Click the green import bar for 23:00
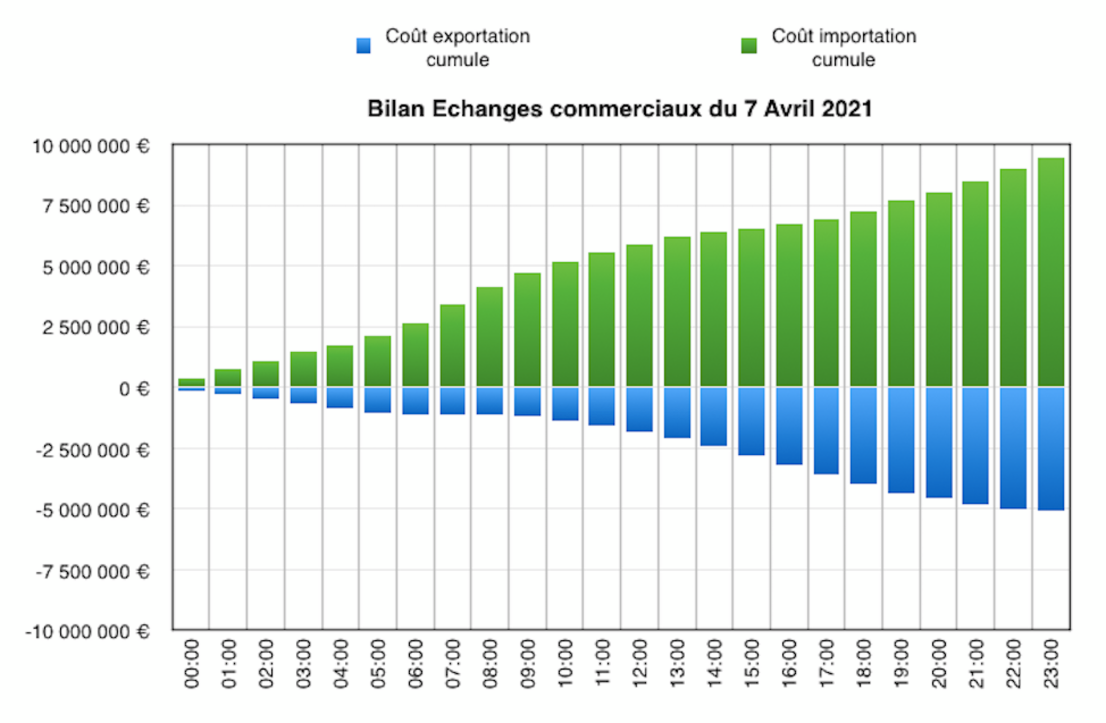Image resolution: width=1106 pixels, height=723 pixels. [1051, 272]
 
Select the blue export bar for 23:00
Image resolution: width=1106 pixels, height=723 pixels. [1051, 448]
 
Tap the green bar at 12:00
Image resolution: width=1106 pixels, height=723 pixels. [639, 316]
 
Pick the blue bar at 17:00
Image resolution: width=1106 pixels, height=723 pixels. [826, 430]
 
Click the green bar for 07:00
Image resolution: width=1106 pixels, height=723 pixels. [452, 345]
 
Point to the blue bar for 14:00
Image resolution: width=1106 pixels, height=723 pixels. [713, 416]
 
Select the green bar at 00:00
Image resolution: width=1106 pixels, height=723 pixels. [191, 382]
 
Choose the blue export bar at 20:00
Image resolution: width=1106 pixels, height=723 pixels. [939, 442]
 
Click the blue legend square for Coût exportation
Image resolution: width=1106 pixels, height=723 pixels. [363, 46]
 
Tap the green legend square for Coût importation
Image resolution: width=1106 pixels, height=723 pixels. [749, 46]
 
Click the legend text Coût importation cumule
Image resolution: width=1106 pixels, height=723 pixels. [844, 48]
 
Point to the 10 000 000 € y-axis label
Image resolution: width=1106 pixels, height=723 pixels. [90, 147]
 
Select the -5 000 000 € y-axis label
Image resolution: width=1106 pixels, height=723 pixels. [93, 510]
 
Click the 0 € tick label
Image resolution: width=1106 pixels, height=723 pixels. [134, 389]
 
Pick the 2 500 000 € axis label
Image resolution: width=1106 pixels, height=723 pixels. [96, 328]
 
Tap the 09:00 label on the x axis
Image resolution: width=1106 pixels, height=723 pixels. [527, 663]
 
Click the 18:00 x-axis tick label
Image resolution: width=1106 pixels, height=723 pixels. [863, 663]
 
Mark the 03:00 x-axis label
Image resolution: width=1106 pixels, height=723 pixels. [303, 663]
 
